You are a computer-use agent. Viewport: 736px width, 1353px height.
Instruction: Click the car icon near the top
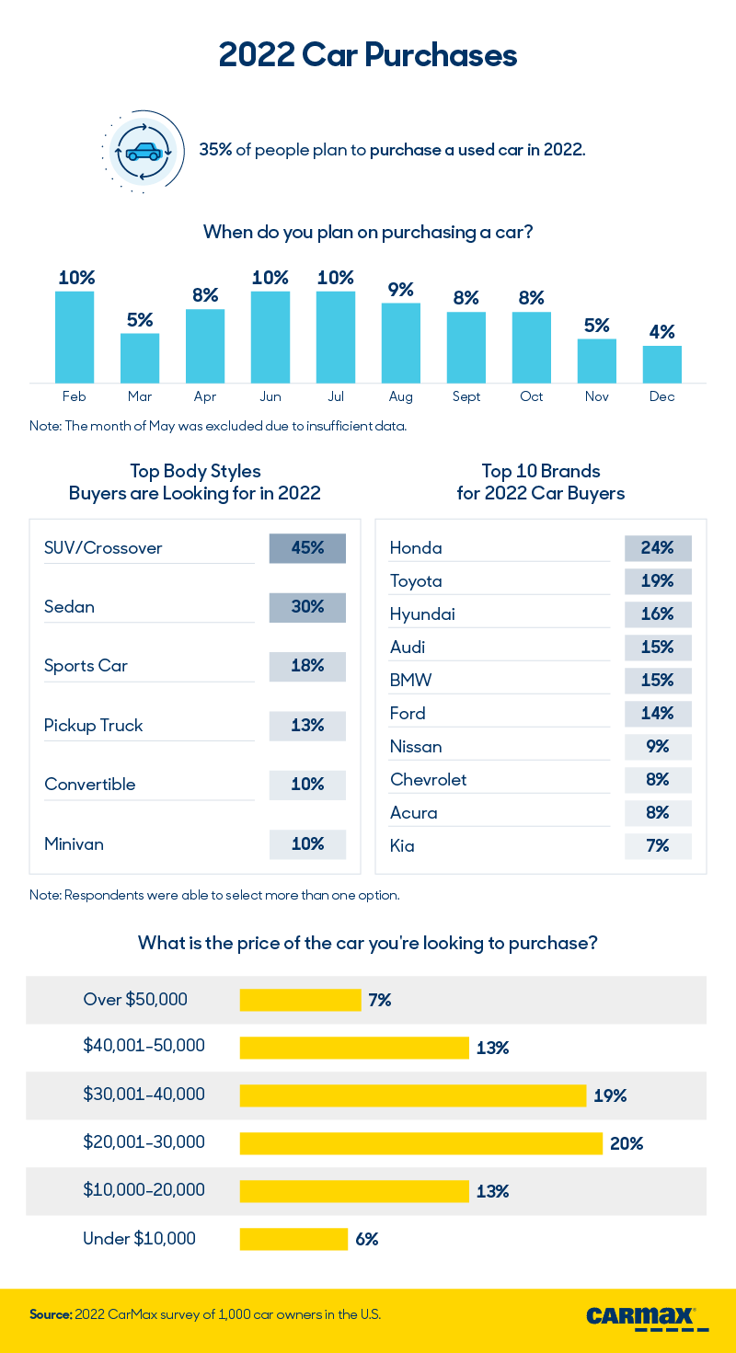point(143,152)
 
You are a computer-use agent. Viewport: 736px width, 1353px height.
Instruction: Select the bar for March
point(140,358)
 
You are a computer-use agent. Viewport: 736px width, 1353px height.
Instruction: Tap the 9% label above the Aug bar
point(400,290)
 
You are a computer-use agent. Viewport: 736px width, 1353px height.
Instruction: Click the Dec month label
point(661,396)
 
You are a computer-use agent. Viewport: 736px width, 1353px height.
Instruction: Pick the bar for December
point(661,364)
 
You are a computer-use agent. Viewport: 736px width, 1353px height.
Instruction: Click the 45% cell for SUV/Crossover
point(307,548)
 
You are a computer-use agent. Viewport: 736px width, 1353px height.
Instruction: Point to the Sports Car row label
point(86,666)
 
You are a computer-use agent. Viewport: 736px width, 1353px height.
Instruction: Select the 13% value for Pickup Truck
point(307,726)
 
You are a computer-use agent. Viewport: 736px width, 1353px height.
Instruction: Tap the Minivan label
point(74,843)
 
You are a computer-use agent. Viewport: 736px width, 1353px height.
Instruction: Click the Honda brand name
point(416,548)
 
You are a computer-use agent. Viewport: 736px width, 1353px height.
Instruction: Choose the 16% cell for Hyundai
point(658,614)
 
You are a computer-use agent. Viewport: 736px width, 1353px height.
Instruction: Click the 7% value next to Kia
point(658,846)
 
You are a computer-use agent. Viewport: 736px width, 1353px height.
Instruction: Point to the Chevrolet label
point(428,780)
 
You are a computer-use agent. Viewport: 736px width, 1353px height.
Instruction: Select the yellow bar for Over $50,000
point(300,1000)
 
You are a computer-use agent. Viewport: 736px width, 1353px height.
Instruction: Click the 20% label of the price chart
point(626,1143)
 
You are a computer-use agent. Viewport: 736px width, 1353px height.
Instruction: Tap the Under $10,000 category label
point(139,1239)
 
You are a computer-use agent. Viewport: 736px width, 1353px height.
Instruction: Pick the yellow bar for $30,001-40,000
point(412,1095)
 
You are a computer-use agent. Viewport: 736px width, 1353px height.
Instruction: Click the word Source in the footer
point(50,1315)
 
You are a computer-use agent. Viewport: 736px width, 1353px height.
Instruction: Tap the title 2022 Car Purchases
point(368,55)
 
